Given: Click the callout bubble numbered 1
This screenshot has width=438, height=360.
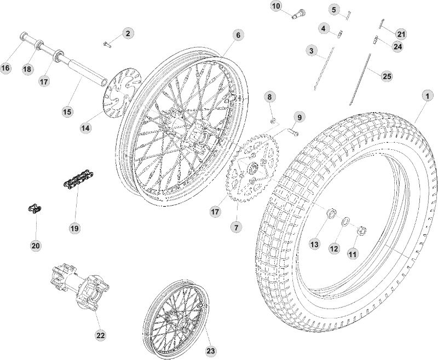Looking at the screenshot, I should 425,95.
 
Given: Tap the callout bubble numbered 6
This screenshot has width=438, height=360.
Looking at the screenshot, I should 238,35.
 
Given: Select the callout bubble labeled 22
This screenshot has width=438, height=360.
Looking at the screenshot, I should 100,335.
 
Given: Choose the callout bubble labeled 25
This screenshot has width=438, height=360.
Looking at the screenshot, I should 387,76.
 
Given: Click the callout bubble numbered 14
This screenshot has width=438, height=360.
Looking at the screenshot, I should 85,127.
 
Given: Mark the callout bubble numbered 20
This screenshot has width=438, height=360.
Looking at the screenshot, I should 36,246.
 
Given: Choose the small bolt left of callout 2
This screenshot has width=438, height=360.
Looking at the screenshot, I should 107,44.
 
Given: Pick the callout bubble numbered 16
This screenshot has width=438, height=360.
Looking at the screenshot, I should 5,68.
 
